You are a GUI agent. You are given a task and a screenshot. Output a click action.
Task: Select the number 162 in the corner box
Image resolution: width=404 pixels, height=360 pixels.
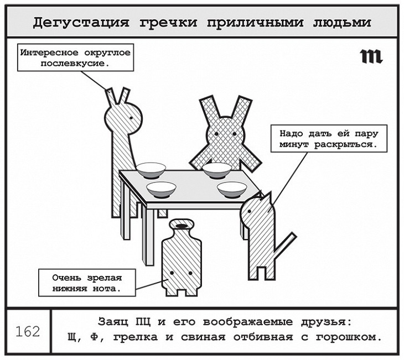click(28, 331)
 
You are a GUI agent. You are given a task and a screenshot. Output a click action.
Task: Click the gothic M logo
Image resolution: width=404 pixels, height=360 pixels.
click(371, 56)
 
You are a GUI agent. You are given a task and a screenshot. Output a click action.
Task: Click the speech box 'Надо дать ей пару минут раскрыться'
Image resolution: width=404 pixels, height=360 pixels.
click(328, 138)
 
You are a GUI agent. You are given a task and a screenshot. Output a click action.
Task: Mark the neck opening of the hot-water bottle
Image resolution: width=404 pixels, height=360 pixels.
click(180, 225)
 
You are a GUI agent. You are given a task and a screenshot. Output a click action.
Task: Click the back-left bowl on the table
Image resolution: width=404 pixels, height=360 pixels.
click(151, 169)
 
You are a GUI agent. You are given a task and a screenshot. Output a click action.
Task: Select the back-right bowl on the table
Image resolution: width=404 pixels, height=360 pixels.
click(216, 170)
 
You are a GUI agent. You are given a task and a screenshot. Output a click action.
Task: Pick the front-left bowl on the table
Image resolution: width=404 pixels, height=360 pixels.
click(162, 189)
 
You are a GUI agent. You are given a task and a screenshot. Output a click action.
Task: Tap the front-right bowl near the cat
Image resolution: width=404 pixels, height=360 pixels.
click(232, 189)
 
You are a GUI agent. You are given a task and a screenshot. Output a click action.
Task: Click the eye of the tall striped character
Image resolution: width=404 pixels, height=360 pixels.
click(131, 117)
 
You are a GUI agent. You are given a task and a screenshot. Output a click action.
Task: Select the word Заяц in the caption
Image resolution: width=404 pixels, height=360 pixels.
click(110, 322)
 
